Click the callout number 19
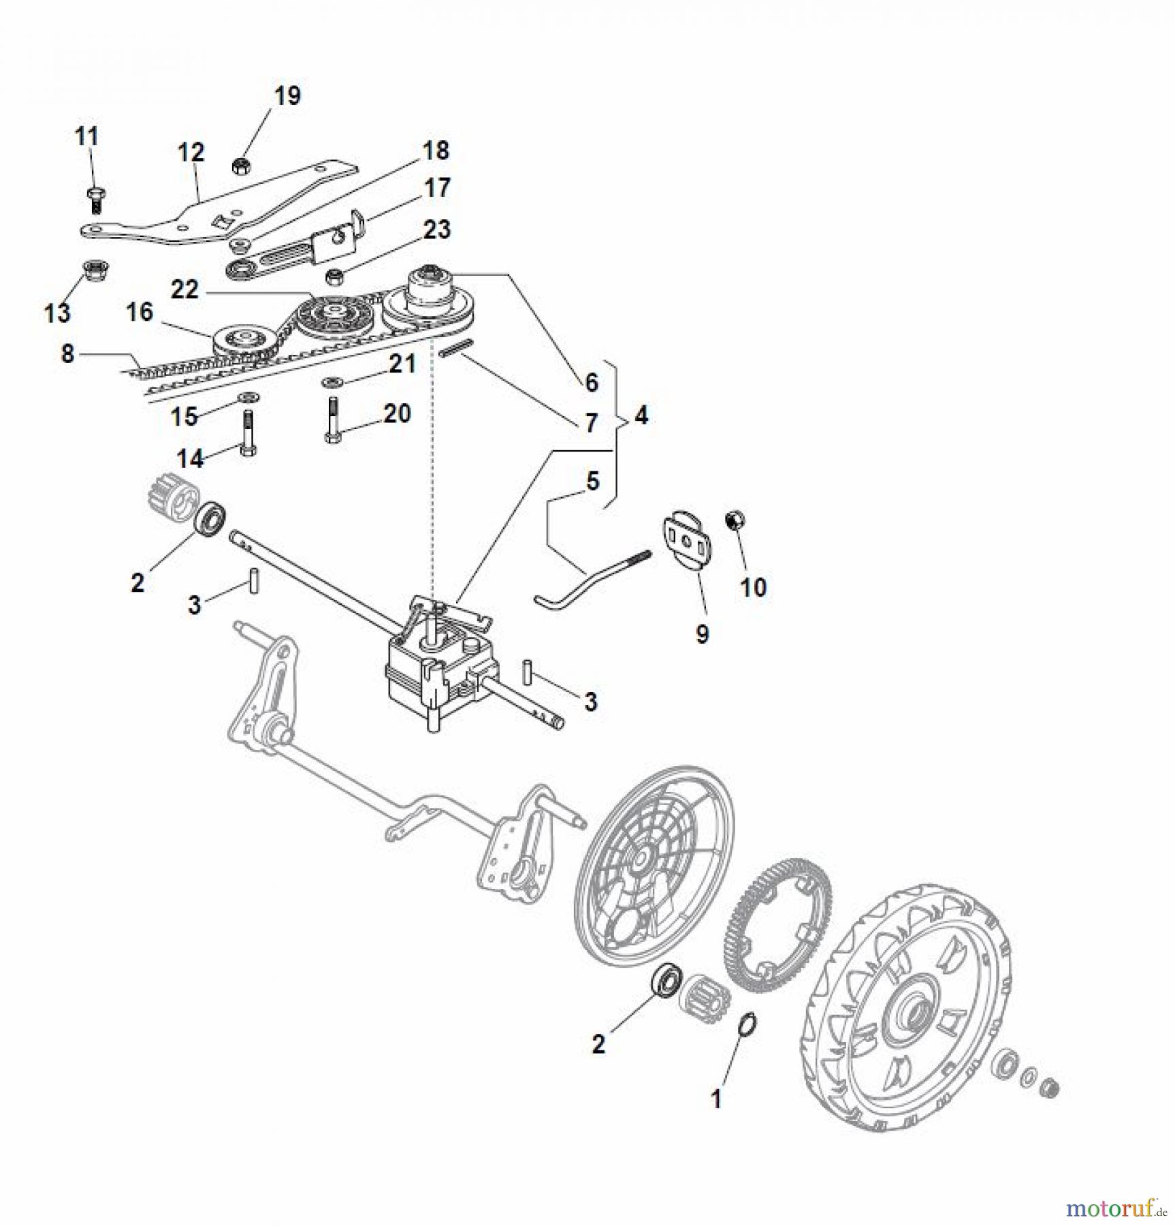(x=287, y=96)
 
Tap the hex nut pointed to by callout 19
(x=240, y=165)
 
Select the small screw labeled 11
(x=95, y=199)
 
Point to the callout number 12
(x=191, y=153)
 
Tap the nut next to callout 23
(x=334, y=277)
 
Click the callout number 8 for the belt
(x=67, y=353)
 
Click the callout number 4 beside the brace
(x=641, y=415)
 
